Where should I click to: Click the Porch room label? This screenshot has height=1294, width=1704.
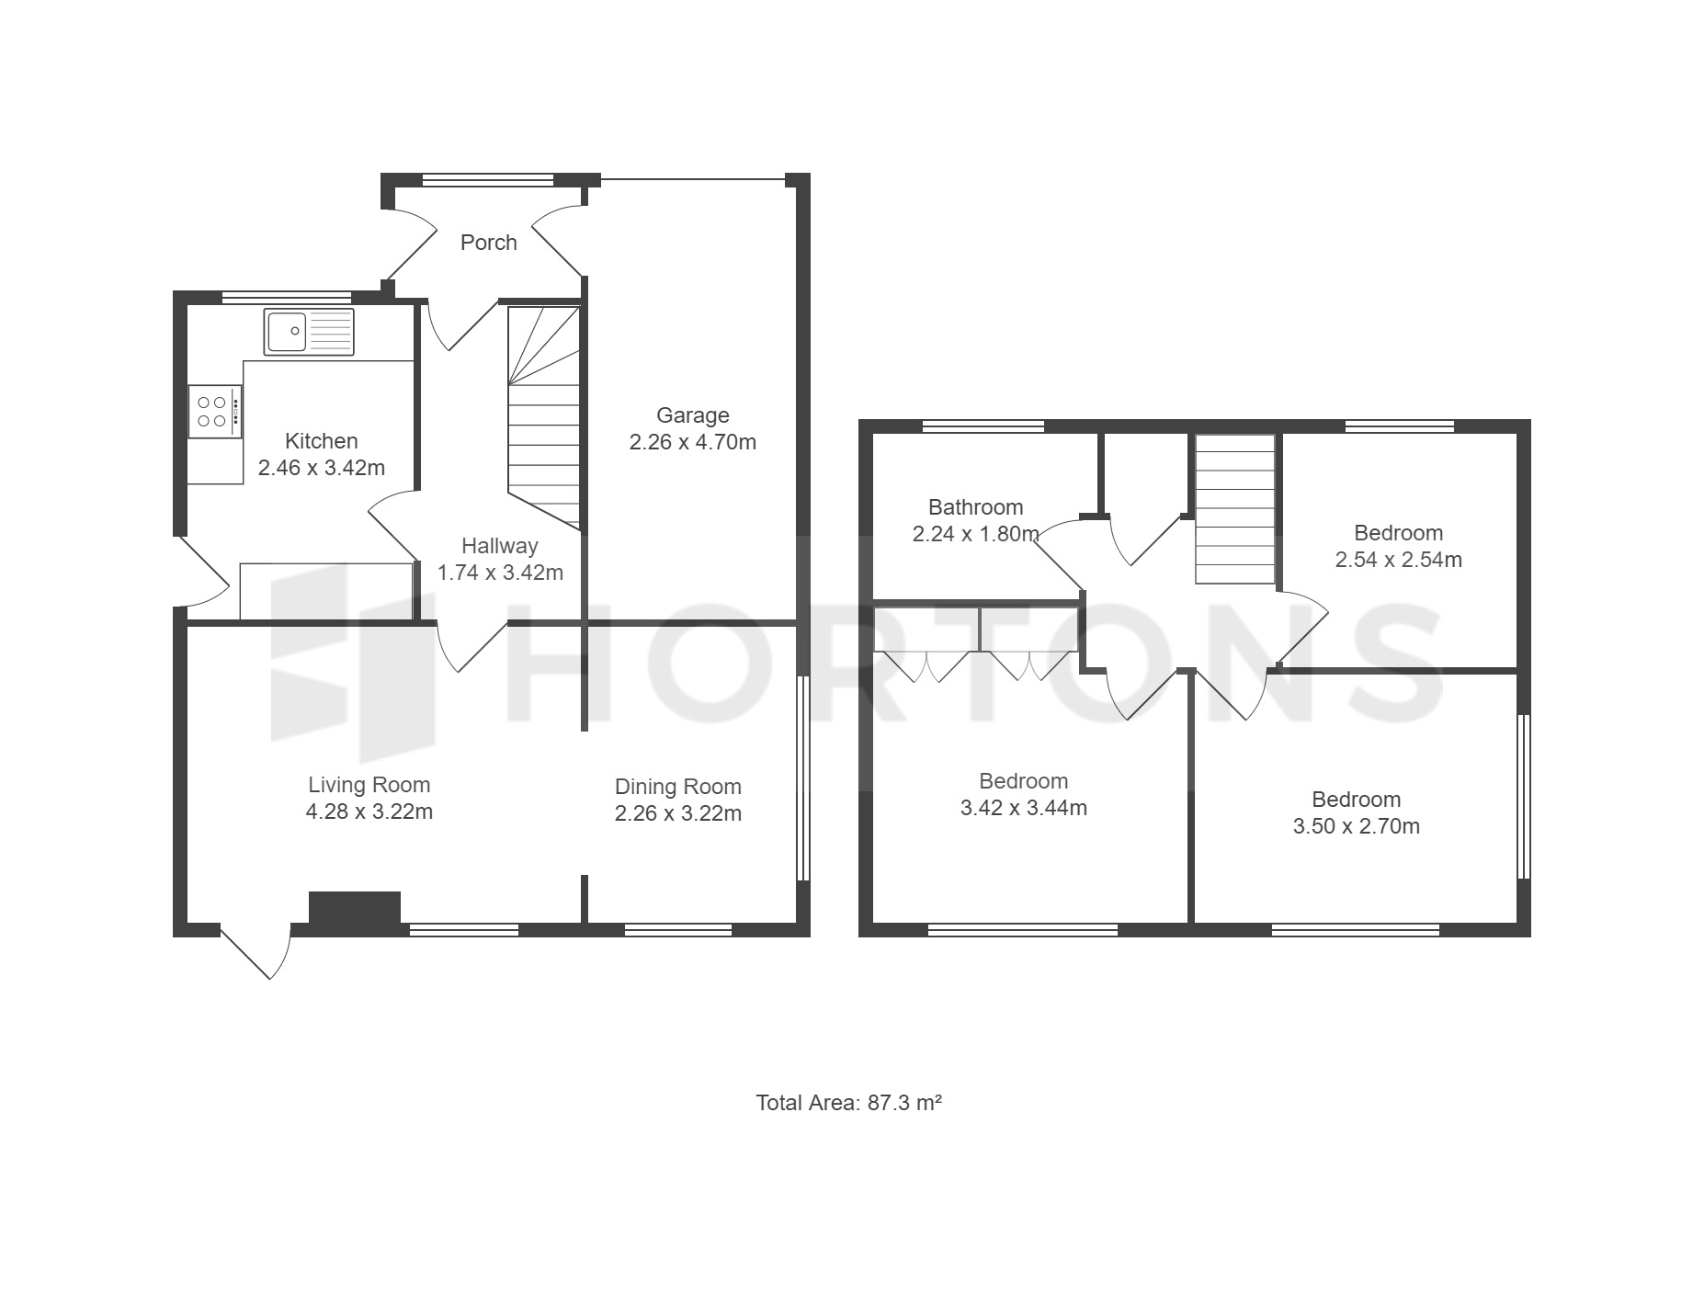(x=488, y=243)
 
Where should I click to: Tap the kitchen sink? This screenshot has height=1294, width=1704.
(x=309, y=332)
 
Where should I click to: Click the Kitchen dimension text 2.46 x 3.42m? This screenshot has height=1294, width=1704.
(x=322, y=468)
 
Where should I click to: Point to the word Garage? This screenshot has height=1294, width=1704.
(x=692, y=416)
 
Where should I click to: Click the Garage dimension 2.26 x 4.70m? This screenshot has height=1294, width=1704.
(x=693, y=442)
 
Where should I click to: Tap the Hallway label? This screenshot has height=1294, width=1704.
(x=499, y=546)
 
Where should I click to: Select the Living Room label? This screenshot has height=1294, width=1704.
(x=369, y=785)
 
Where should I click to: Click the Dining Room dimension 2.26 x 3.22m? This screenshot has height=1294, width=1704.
(x=678, y=813)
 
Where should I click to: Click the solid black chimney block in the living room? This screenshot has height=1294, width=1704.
(x=355, y=908)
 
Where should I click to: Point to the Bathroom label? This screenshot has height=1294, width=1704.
(x=975, y=507)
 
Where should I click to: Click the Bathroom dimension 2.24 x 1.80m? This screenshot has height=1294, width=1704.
(x=976, y=534)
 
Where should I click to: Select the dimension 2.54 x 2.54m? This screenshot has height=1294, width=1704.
(x=1398, y=560)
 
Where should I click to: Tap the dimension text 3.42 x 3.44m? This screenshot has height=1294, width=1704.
(x=1023, y=808)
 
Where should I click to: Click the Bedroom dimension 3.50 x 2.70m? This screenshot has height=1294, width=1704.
(x=1357, y=826)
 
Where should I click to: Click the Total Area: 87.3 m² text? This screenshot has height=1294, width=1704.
(x=849, y=1102)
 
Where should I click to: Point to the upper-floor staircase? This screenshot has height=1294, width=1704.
(x=1235, y=509)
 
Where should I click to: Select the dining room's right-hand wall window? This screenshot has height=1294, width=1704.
(x=802, y=778)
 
